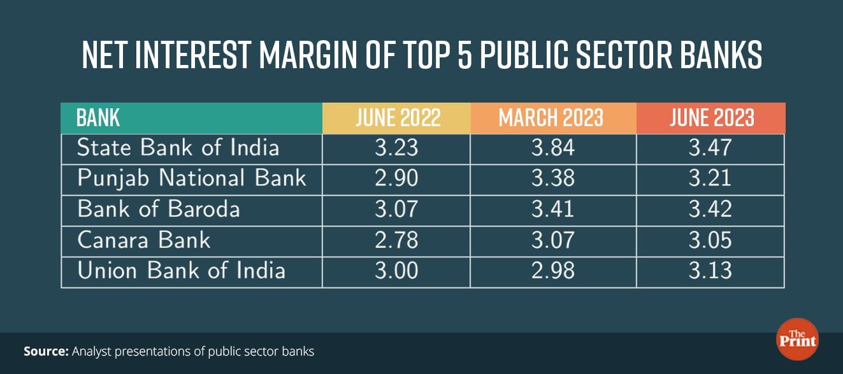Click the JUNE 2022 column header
pyautogui.click(x=396, y=118)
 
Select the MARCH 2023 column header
pyautogui.click(x=552, y=118)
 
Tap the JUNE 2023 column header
pyautogui.click(x=711, y=118)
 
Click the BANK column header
pyautogui.click(x=98, y=118)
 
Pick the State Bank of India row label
pyautogui.click(x=178, y=148)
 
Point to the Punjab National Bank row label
pyautogui.click(x=191, y=178)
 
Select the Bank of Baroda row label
pyautogui.click(x=158, y=209)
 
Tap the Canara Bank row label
pyautogui.click(x=143, y=240)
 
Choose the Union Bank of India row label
pyautogui.click(x=181, y=270)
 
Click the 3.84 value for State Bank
pyautogui.click(x=552, y=148)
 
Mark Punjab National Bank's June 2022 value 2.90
pyautogui.click(x=396, y=178)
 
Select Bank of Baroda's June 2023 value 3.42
pyautogui.click(x=711, y=209)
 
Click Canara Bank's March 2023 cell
pyautogui.click(x=552, y=240)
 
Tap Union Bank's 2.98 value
pyautogui.click(x=552, y=270)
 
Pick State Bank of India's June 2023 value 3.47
pyautogui.click(x=711, y=148)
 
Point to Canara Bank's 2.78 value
pyautogui.click(x=396, y=240)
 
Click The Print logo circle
pyautogui.click(x=797, y=339)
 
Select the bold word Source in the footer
pyautogui.click(x=46, y=351)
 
